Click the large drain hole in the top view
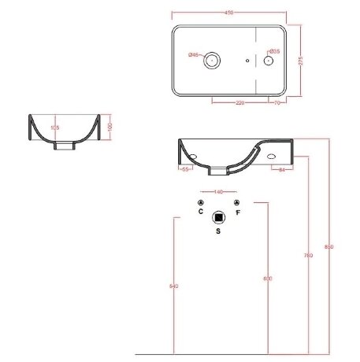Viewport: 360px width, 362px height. click(x=211, y=60)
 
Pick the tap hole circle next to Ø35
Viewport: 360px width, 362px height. click(x=269, y=60)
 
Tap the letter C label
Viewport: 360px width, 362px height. click(x=201, y=212)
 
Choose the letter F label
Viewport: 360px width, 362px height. click(x=237, y=212)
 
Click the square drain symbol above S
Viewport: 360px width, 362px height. click(x=219, y=217)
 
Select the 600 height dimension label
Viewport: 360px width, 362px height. click(x=267, y=279)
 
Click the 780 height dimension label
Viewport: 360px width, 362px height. click(x=308, y=256)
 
